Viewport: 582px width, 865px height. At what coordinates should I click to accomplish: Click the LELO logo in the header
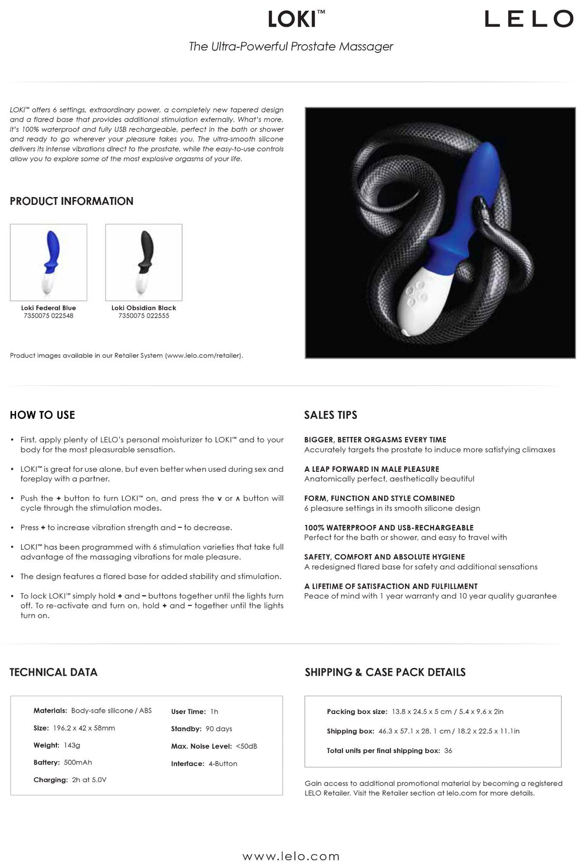pos(529,19)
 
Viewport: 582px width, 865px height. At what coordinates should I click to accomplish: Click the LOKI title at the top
pos(293,19)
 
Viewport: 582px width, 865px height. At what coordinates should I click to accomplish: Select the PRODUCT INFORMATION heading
pos(71,201)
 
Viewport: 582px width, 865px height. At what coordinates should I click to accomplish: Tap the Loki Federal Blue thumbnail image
pos(48,262)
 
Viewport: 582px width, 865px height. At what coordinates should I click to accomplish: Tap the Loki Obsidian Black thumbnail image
pos(144,262)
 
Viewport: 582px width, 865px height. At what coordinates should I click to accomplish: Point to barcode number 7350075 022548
pos(48,316)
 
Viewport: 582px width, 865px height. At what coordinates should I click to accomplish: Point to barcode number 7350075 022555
pos(144,316)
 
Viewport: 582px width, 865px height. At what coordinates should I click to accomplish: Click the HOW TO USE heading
pos(42,415)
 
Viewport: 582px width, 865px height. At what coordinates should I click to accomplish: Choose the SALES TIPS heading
pos(330,415)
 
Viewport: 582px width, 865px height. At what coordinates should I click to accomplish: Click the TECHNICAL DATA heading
pos(53,672)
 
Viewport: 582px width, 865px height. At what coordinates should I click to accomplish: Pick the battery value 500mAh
pos(78,763)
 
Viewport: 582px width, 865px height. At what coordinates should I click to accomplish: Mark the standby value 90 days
pos(219,729)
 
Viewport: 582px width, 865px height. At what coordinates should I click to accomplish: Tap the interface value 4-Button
pos(223,764)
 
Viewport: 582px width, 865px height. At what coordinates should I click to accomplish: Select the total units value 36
pos(448,750)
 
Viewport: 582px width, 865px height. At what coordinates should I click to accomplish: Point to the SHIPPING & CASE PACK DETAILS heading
pos(385,672)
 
